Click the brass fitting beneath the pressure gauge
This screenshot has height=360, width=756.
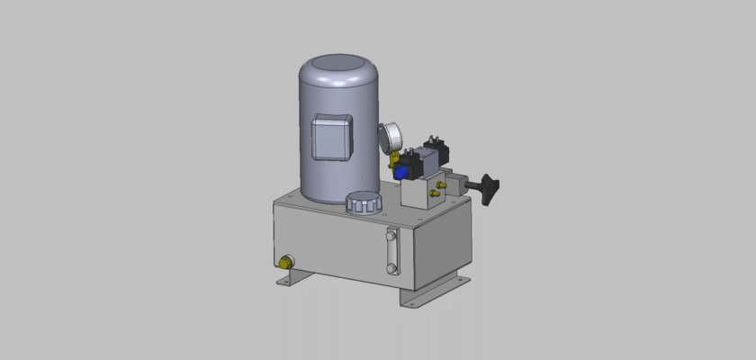point(392,163)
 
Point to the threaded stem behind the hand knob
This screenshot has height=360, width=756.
point(474,186)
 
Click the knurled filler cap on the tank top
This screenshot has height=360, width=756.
point(364,202)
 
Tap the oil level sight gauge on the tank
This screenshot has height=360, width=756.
point(390,251)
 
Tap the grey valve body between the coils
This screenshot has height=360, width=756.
point(430,162)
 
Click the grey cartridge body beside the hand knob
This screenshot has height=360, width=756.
point(458,183)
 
